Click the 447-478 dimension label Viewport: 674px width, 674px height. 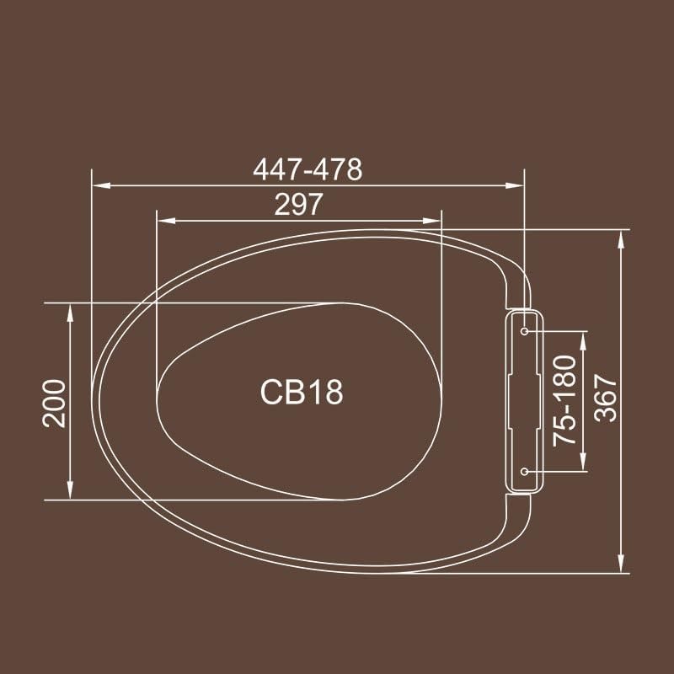308,169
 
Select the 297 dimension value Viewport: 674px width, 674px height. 299,204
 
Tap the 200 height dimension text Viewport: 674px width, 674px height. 55,402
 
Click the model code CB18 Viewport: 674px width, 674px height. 302,392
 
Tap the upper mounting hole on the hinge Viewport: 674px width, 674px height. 524,332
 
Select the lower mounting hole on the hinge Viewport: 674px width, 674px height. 524,471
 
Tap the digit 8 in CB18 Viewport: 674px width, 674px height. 334,392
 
